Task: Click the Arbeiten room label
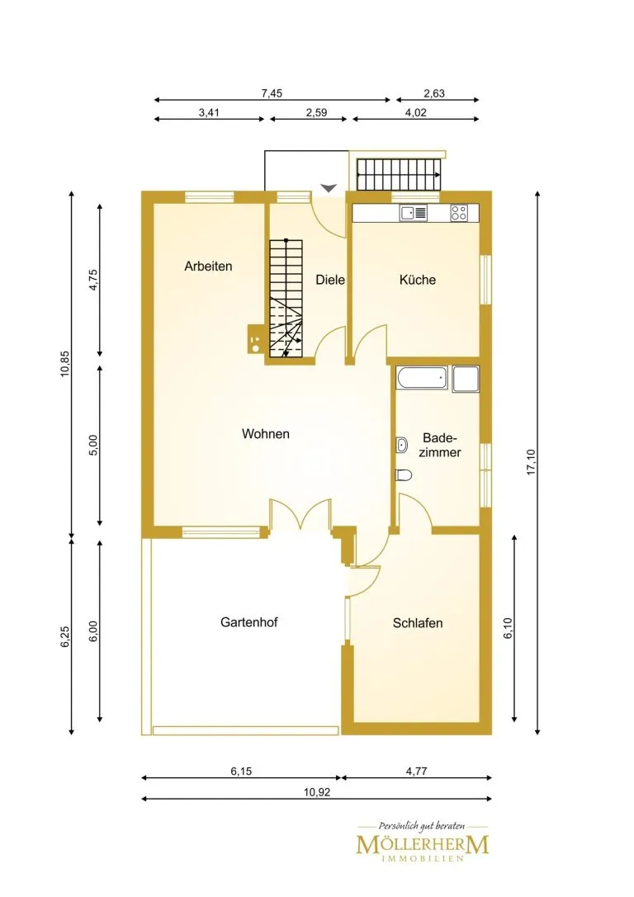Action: tap(208, 266)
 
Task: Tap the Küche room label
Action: tap(418, 280)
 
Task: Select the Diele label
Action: tap(331, 280)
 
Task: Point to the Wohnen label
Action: tap(266, 433)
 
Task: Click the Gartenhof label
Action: tap(249, 622)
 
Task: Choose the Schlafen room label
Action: tap(418, 623)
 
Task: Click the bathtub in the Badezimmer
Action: tap(422, 380)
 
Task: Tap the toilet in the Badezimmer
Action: tap(404, 474)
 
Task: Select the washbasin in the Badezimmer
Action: tap(402, 445)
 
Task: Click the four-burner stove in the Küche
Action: tap(459, 213)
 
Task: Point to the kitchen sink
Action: tap(414, 213)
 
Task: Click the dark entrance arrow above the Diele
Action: tap(329, 187)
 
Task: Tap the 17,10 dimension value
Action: tap(531, 462)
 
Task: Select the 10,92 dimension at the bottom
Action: tap(317, 792)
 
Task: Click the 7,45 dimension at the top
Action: tap(272, 93)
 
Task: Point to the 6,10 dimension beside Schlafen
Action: tap(509, 627)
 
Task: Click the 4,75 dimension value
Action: tap(94, 281)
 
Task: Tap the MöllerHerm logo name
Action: tap(423, 845)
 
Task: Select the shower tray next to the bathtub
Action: tap(466, 380)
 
